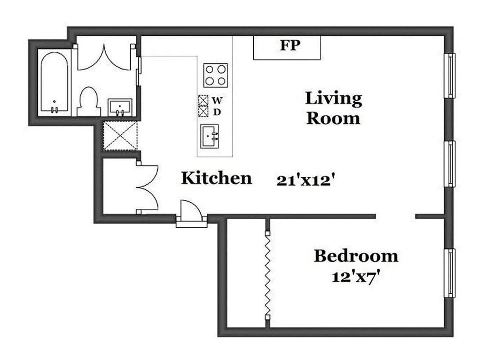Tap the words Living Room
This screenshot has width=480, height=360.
pyautogui.click(x=333, y=108)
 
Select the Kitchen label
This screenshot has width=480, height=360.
pyautogui.click(x=216, y=178)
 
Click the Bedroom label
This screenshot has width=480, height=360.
pyautogui.click(x=356, y=256)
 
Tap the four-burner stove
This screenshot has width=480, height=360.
pyautogui.click(x=215, y=75)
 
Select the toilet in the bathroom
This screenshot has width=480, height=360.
pyautogui.click(x=87, y=102)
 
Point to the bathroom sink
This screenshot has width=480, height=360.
pyautogui.click(x=120, y=107)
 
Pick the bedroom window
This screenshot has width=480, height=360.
pyautogui.click(x=449, y=273)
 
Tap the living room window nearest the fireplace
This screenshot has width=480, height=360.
pyautogui.click(x=449, y=75)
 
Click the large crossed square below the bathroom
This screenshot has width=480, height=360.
pyautogui.click(x=120, y=135)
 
